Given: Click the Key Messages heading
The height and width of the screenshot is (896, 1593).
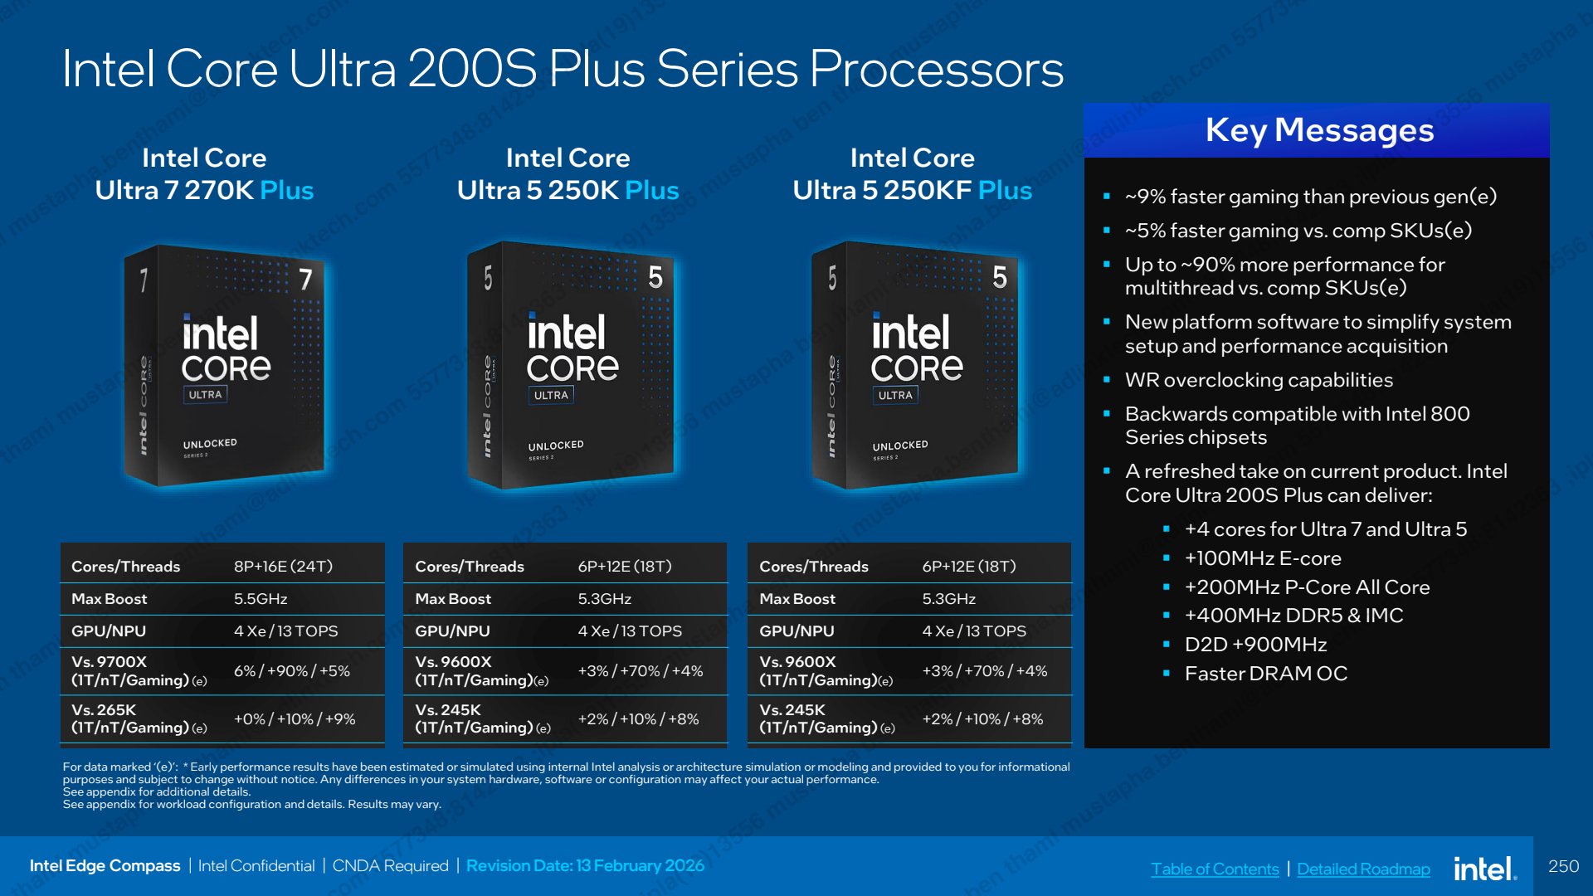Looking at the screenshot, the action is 1319,130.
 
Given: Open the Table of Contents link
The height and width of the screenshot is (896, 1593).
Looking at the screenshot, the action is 1215,869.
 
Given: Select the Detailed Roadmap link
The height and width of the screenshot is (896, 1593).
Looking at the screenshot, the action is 1363,869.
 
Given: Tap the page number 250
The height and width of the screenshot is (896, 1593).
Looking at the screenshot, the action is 1563,866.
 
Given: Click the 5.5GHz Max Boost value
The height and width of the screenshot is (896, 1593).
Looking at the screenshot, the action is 261,599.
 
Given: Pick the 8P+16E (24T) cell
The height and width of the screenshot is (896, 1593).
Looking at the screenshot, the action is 283,567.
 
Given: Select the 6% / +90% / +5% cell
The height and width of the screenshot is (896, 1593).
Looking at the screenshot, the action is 291,671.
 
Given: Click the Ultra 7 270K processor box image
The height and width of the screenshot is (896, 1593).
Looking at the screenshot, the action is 224,365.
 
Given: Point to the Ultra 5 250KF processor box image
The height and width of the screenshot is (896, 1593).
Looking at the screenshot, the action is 914,365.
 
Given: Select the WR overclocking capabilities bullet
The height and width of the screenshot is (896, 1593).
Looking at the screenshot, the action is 1259,380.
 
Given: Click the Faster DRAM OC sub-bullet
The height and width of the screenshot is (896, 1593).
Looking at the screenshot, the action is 1265,674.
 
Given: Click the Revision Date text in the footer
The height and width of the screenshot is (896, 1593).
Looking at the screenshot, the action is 585,866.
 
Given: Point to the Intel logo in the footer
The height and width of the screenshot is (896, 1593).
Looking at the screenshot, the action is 1485,868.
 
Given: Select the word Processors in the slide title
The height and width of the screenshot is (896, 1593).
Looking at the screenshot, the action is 936,69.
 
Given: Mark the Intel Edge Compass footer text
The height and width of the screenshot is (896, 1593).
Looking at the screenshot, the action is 105,866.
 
